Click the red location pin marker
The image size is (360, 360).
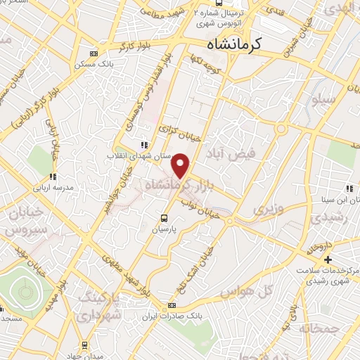[x=181, y=165]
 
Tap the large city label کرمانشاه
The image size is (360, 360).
[x=234, y=44]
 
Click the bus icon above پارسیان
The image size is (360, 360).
[x=164, y=217]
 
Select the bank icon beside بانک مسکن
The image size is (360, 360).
[x=94, y=53]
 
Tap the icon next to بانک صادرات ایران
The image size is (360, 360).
[x=172, y=307]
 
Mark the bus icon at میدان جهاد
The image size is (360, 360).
[x=85, y=345]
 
